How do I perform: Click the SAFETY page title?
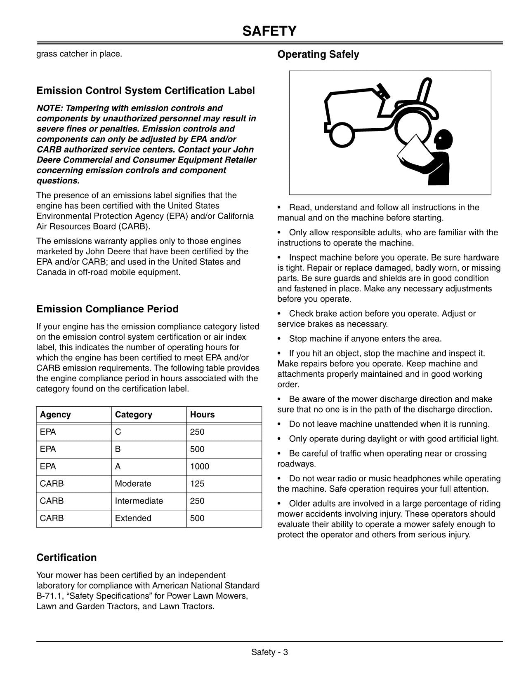click(x=269, y=31)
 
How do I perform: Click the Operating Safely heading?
click(x=318, y=54)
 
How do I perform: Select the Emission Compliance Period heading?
click(x=107, y=309)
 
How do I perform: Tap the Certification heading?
click(x=66, y=558)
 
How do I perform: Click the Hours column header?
click(x=202, y=415)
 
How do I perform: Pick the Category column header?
click(x=133, y=415)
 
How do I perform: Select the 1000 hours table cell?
click(x=200, y=467)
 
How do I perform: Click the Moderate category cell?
click(x=133, y=484)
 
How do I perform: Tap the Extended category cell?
click(x=133, y=518)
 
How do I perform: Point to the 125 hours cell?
click(x=197, y=484)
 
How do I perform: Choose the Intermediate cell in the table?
click(x=139, y=501)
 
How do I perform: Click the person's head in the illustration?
click(x=444, y=139)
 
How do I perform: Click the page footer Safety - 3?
click(x=269, y=652)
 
